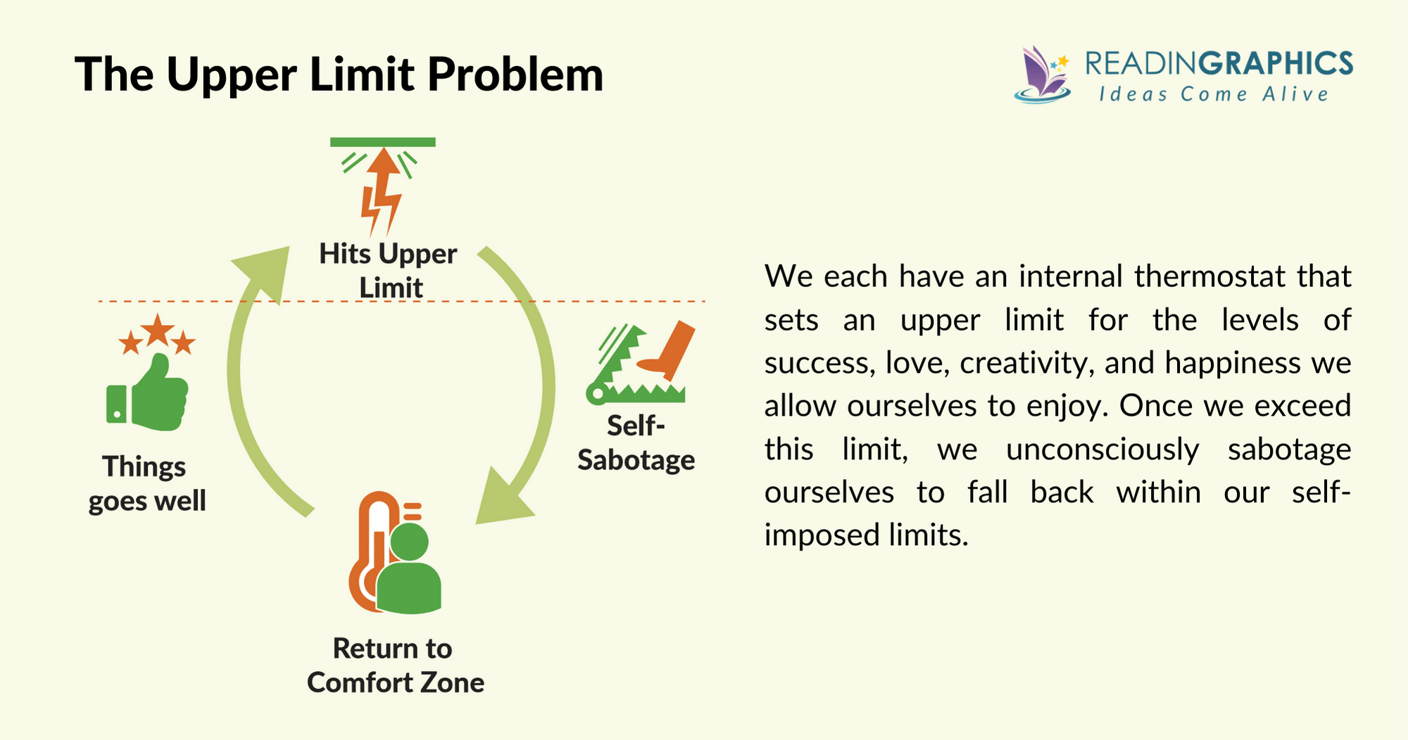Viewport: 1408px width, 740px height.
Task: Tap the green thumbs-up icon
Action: [148, 393]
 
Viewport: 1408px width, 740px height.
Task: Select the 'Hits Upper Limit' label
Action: [389, 271]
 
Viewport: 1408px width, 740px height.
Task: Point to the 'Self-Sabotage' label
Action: [636, 443]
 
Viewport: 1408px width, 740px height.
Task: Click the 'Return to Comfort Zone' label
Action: [396, 665]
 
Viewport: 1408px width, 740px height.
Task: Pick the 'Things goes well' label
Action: [147, 484]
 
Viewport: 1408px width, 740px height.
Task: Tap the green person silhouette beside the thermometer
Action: [409, 570]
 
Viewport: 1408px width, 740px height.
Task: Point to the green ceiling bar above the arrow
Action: [383, 142]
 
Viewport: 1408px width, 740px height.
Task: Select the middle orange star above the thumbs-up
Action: [158, 329]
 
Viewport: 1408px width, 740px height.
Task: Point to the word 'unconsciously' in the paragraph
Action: [1102, 449]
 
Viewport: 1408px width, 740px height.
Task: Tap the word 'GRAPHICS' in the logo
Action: [1276, 64]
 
